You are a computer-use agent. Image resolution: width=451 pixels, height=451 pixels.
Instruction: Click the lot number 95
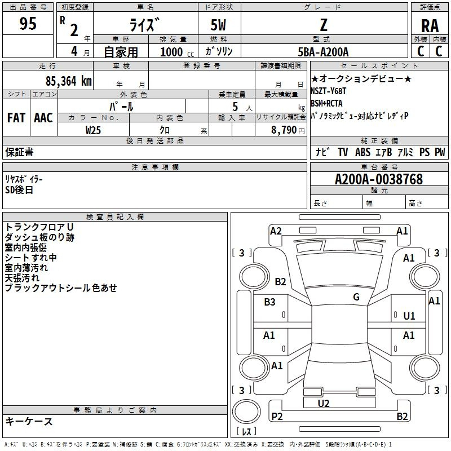coord(28,24)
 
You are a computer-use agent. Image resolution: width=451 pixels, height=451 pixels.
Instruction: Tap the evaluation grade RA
coord(430,26)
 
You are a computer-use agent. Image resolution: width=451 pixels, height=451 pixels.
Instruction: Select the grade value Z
coord(323,25)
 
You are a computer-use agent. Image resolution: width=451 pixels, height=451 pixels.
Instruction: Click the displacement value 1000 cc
coord(176,52)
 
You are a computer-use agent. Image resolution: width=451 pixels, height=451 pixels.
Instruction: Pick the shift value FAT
coord(16,118)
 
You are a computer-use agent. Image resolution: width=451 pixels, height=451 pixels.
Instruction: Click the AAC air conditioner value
coord(43,118)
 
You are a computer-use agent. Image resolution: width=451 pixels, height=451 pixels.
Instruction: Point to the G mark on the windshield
coord(356,297)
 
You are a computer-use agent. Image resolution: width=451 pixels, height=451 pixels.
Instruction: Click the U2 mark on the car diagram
coord(323,403)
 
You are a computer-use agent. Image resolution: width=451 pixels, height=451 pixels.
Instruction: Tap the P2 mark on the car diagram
coord(277,417)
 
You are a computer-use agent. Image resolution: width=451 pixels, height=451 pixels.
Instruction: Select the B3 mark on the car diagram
coord(270,302)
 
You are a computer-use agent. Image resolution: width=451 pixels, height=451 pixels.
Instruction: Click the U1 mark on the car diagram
coord(409,316)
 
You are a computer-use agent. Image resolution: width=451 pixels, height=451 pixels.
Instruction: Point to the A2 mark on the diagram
coord(276,231)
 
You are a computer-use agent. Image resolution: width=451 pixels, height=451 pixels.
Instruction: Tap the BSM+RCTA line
coord(326,104)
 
